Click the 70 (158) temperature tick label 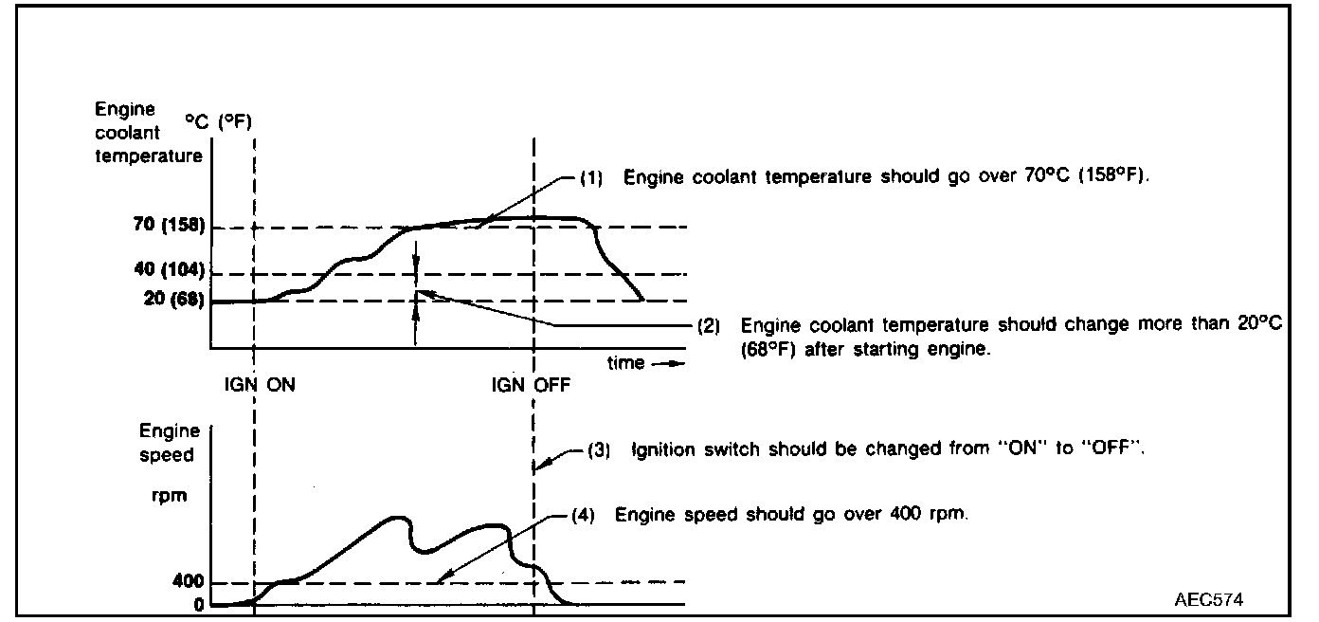coord(164,228)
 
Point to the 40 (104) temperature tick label coord(164,269)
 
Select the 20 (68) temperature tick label coord(170,302)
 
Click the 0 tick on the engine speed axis coord(198,604)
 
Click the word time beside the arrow coord(624,362)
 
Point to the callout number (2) coord(708,325)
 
